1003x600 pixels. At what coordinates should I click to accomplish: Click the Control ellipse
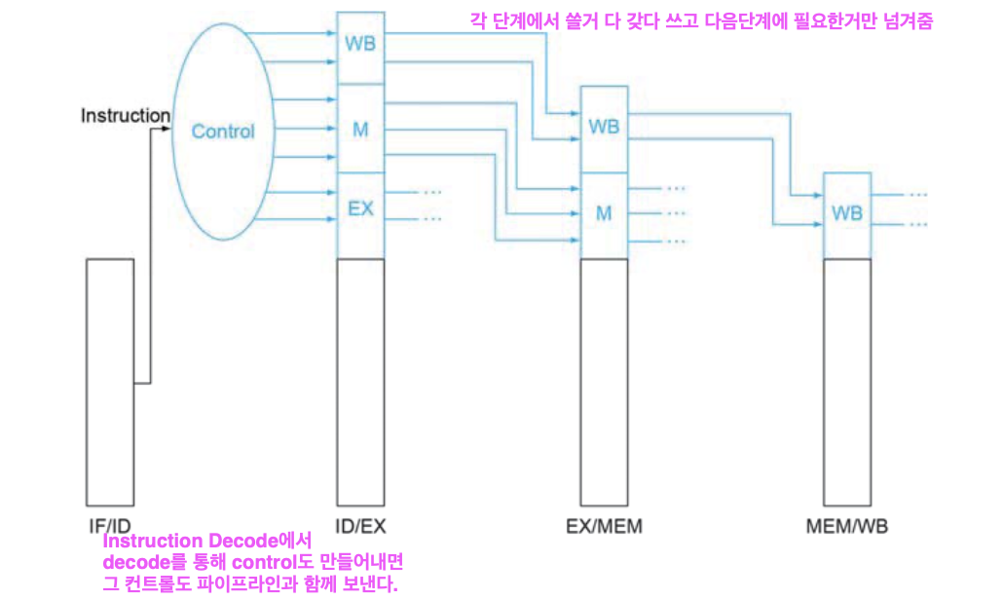(x=223, y=131)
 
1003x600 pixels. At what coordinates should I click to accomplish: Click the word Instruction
(x=125, y=116)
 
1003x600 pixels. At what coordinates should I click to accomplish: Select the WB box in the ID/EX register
(x=360, y=45)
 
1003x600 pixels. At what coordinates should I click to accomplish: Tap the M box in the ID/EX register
(x=360, y=129)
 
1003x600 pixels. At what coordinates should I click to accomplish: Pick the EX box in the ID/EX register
(x=360, y=208)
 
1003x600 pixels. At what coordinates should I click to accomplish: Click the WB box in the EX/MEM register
(x=604, y=128)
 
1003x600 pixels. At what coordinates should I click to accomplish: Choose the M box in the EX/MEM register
(x=604, y=213)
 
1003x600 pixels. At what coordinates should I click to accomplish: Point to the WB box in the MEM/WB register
(x=847, y=212)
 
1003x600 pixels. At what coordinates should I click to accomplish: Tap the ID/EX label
(x=360, y=527)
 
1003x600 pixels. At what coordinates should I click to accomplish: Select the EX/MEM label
(x=604, y=527)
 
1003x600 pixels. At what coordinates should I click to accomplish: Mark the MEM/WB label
(x=847, y=527)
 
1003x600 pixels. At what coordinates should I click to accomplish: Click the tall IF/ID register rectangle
(x=109, y=380)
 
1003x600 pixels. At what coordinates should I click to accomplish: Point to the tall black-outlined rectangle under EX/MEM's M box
(x=604, y=380)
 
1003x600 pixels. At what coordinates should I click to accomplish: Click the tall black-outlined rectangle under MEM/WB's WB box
(x=847, y=380)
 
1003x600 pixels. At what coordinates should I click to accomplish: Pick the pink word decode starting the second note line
(x=135, y=563)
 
